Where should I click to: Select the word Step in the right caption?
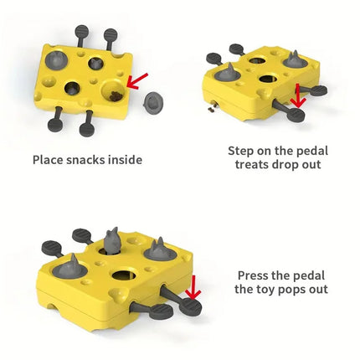[x=241, y=151]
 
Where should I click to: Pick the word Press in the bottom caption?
[x=255, y=275]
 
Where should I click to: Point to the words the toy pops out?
[x=280, y=290]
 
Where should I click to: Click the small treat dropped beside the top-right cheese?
[x=213, y=108]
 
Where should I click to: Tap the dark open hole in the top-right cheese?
[x=269, y=80]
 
